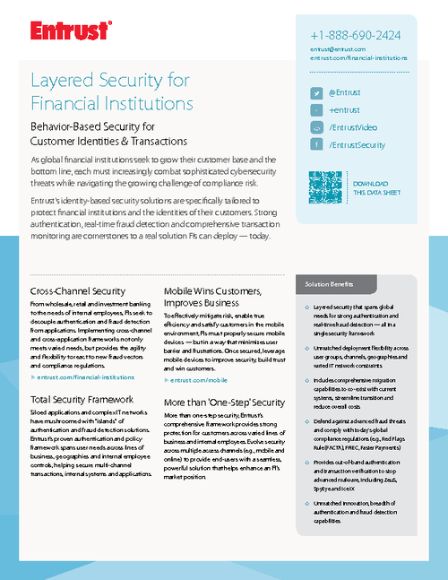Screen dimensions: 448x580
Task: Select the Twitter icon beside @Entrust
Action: point(316,93)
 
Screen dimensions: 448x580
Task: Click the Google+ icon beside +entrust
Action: point(316,110)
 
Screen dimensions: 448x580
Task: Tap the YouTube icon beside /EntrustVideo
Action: point(316,127)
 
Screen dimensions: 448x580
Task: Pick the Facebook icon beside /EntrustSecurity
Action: point(316,144)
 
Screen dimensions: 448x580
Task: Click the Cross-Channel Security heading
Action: point(77,291)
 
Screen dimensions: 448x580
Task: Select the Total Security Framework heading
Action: point(82,398)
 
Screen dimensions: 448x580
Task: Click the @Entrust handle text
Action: point(345,93)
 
